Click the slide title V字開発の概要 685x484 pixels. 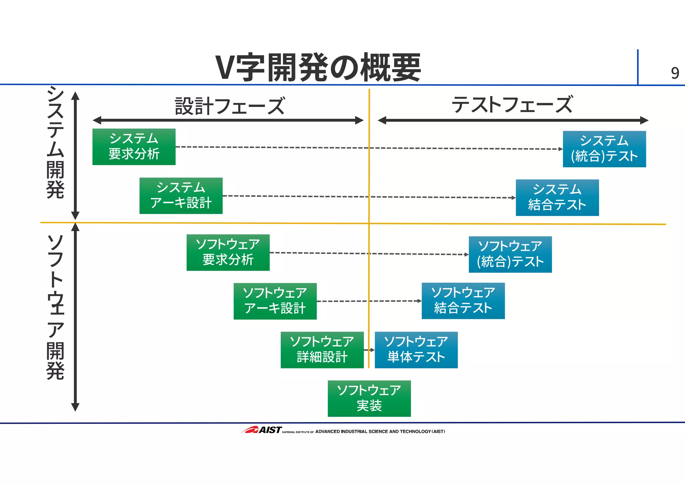[x=318, y=67]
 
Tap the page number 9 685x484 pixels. [x=675, y=73]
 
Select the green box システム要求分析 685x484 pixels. [x=134, y=147]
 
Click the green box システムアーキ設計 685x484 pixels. [x=181, y=196]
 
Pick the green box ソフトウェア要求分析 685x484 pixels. [x=228, y=252]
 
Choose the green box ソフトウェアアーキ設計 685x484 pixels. [x=275, y=301]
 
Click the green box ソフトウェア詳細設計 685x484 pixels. [x=322, y=350]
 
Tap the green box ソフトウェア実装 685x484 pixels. [x=369, y=398]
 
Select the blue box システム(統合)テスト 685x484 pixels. [x=604, y=149]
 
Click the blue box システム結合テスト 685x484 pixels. [x=557, y=198]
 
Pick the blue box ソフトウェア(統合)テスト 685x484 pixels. [x=510, y=254]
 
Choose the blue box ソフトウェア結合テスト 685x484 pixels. [x=463, y=301]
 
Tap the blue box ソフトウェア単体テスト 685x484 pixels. [x=416, y=350]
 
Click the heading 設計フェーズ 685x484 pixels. [x=230, y=106]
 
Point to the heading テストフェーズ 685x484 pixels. [x=512, y=105]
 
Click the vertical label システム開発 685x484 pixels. [x=55, y=142]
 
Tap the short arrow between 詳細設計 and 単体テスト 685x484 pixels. [x=369, y=350]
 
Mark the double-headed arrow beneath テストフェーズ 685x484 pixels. [x=513, y=120]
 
